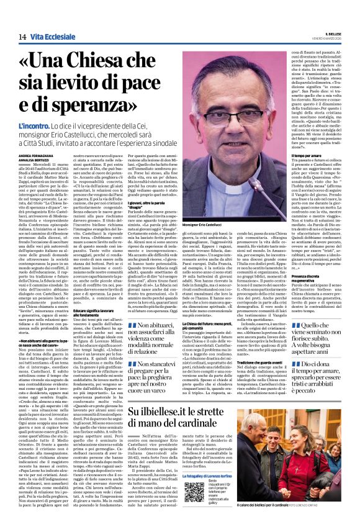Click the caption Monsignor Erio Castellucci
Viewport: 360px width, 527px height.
[218, 223]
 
